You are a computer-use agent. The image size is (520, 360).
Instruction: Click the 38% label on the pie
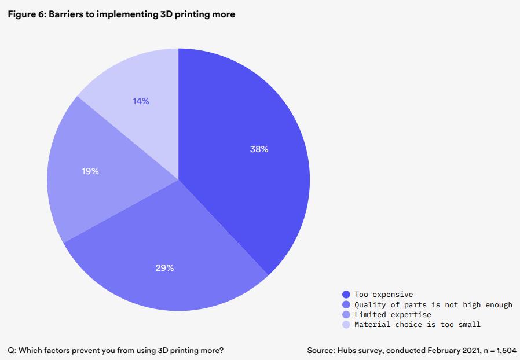pos(259,149)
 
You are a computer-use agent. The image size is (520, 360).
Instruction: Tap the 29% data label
pos(164,268)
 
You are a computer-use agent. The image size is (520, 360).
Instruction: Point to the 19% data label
pos(90,171)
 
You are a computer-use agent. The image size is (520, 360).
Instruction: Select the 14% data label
pos(141,101)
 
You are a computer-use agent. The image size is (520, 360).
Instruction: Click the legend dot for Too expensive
pos(346,295)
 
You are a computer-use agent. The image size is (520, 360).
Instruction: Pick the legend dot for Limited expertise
pos(346,314)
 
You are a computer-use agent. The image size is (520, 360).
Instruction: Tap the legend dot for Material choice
pos(346,325)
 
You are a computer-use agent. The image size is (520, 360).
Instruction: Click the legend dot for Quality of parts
pos(346,304)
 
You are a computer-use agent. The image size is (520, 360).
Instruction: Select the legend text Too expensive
pos(383,295)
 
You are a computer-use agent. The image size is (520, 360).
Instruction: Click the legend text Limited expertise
pos(393,314)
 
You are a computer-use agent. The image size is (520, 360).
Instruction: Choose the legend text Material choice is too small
pos(417,325)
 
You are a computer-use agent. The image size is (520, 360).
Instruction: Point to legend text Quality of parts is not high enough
pos(433,304)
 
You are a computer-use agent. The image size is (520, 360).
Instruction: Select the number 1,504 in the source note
pos(506,351)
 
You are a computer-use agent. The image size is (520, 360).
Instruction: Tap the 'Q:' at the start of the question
pos(12,351)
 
